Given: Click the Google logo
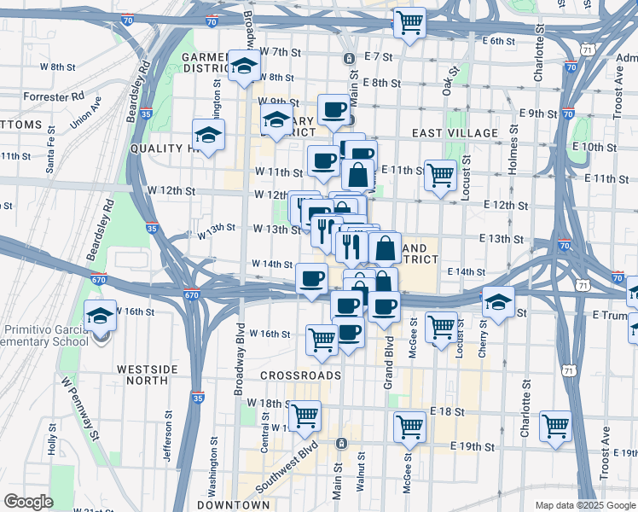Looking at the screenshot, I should [x=29, y=501].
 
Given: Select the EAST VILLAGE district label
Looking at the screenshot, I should [x=455, y=133].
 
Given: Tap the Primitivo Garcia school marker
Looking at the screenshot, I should [x=101, y=316].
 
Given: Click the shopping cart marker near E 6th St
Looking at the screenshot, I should [x=409, y=22].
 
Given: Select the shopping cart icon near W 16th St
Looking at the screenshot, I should [x=322, y=339].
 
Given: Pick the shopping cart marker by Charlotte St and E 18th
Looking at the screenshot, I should [x=555, y=425].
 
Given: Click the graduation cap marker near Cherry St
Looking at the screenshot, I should [x=498, y=300].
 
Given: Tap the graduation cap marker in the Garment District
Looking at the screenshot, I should [x=244, y=65].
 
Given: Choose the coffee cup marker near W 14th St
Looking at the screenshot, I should [x=312, y=277].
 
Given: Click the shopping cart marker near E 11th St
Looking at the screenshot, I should [x=440, y=175].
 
